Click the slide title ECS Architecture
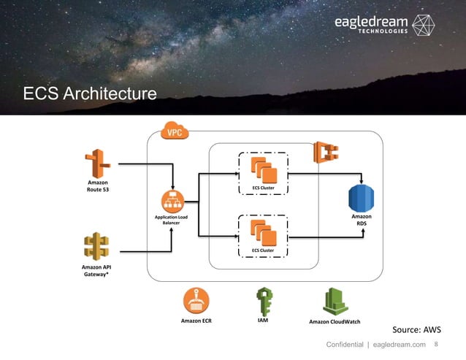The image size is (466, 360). click(89, 94)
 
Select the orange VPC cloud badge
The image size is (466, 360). click(175, 131)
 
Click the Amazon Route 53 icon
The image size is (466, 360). click(98, 163)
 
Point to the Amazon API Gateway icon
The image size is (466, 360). click(97, 247)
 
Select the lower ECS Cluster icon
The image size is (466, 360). click(263, 232)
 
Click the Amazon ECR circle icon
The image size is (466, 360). click(196, 299)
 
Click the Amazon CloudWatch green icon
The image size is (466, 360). click(335, 300)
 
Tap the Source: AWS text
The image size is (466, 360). click(417, 329)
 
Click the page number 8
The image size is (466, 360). click(437, 344)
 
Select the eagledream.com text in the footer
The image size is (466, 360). click(399, 345)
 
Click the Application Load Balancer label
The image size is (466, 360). click(172, 221)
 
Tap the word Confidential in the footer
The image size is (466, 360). click(345, 345)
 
